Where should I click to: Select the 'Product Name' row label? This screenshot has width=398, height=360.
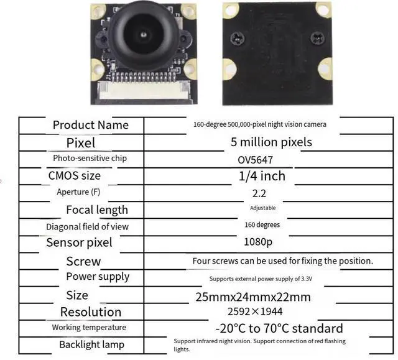click(x=91, y=125)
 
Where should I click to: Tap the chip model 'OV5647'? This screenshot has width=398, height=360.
click(x=255, y=159)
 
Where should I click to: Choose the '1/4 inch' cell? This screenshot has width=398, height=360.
click(x=262, y=176)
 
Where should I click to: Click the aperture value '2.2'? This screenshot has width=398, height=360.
click(x=259, y=193)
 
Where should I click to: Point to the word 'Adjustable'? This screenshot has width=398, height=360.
click(x=262, y=208)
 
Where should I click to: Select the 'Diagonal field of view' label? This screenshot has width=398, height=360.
click(x=87, y=227)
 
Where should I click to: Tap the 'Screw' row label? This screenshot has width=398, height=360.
click(x=83, y=261)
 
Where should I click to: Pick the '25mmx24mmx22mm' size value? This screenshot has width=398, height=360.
click(x=253, y=297)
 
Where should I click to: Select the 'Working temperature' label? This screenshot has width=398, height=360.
click(x=89, y=328)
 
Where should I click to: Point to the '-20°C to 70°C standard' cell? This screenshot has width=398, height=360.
click(x=279, y=328)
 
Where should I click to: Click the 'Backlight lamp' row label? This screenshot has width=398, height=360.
click(x=91, y=344)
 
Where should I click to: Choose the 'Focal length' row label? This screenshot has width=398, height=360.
click(x=97, y=210)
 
